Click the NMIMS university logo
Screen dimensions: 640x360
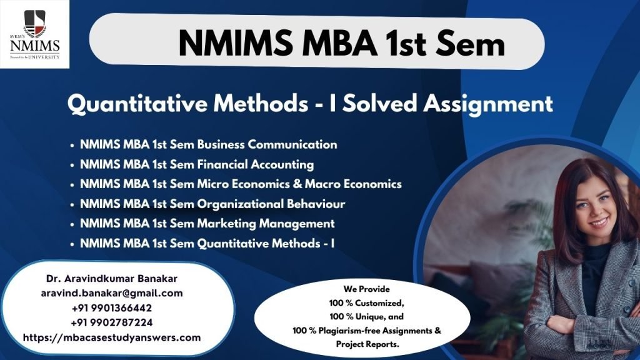pyautogui.click(x=35, y=34)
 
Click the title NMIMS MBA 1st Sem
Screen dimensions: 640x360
pyautogui.click(x=342, y=43)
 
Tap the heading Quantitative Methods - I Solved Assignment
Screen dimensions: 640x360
pyautogui.click(x=310, y=103)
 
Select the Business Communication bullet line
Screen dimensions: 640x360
pyautogui.click(x=208, y=144)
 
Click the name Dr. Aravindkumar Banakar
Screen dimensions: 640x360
pyautogui.click(x=112, y=279)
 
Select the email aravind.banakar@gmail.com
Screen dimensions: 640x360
pyautogui.click(x=112, y=294)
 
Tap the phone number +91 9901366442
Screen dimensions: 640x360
pyautogui.click(x=112, y=307)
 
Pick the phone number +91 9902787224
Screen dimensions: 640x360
pyautogui.click(x=112, y=322)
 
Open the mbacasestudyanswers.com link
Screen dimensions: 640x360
pyautogui.click(x=112, y=337)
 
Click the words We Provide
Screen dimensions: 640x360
pyautogui.click(x=366, y=289)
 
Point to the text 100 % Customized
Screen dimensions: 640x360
pyautogui.click(x=366, y=303)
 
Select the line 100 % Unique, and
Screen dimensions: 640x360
pyautogui.click(x=366, y=317)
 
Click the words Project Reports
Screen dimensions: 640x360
pyautogui.click(x=367, y=344)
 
